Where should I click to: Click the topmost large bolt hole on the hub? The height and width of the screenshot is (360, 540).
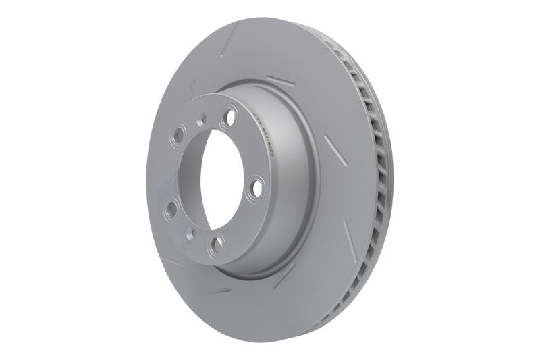[x=229, y=116]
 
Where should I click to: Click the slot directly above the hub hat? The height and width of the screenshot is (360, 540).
[x=280, y=82]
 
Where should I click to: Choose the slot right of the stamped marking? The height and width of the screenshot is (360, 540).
[x=335, y=149]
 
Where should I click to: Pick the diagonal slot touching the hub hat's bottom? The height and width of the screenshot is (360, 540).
[x=284, y=274]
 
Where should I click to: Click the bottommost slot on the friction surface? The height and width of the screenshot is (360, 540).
[x=219, y=291]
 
